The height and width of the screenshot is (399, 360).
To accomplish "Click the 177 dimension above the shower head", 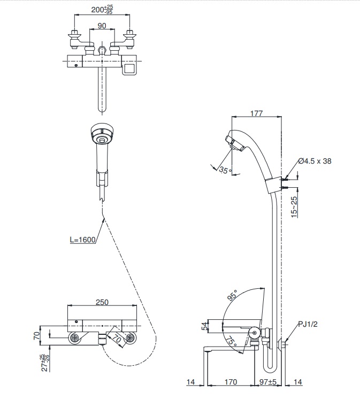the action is coord(256,113).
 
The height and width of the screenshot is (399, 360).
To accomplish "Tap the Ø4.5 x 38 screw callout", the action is coord(315,161).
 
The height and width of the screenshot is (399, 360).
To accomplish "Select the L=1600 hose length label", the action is coord(83,240).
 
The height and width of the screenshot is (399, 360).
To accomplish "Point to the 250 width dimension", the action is coord(102,302).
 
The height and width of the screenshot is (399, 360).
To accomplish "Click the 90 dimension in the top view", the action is coord(102,26).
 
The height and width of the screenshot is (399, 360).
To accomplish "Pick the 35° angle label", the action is coord(225,170).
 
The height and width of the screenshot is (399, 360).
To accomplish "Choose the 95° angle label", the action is coord(232,295).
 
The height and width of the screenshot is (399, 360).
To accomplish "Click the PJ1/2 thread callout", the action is coord(308,324).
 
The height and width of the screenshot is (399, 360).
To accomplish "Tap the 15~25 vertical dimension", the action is coord(294,207).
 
